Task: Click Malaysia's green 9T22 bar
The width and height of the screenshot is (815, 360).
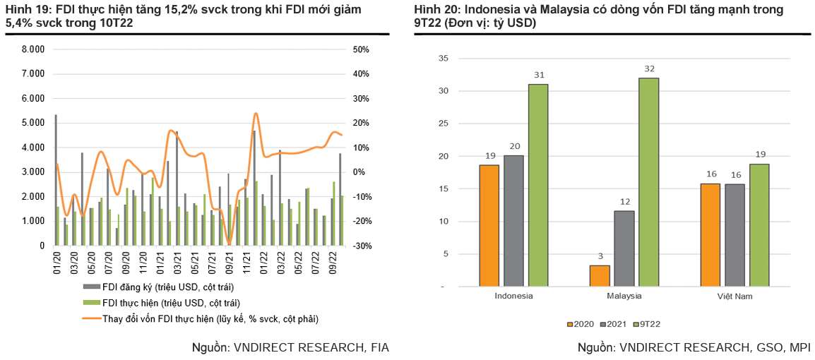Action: tap(648, 182)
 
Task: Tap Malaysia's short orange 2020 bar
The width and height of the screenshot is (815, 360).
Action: tap(600, 276)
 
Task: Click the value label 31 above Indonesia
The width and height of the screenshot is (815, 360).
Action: tap(539, 76)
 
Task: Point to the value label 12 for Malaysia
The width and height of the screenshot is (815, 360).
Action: tap(624, 202)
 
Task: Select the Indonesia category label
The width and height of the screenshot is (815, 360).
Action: tap(513, 296)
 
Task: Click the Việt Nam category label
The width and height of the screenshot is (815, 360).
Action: tap(734, 296)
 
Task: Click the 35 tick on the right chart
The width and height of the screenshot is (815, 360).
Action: tap(444, 59)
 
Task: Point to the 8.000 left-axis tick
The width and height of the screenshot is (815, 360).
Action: tap(33, 49)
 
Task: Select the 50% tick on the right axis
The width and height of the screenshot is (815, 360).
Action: tap(361, 49)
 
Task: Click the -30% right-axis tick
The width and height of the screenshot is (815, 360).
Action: tap(362, 246)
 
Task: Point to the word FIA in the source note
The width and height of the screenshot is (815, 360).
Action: tap(377, 347)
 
